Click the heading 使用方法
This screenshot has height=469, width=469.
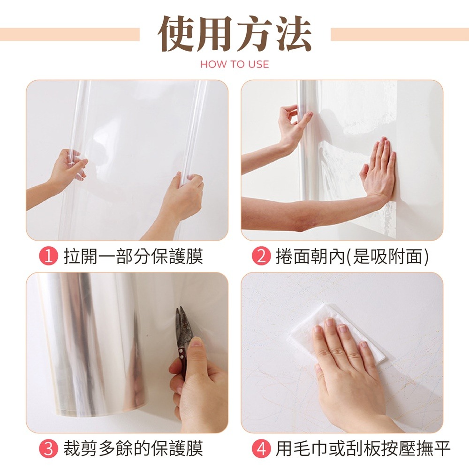coord(234,35)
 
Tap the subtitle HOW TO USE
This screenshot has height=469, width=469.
coord(234,64)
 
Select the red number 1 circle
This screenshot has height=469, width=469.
coord(48,257)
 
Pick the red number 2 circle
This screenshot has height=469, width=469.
coord(261,257)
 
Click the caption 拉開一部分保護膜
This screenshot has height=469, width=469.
coord(133,257)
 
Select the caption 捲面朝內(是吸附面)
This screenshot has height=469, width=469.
coord(352,257)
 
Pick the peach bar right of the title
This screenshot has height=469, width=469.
coord(399,34)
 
